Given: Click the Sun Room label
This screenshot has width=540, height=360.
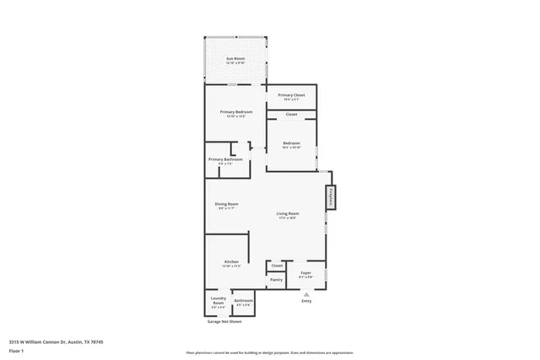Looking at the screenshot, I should [234, 60].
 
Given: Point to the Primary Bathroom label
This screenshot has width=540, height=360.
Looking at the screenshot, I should [225, 160].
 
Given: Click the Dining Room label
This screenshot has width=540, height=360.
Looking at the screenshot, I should [226, 206].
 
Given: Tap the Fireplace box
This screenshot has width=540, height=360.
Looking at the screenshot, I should [331, 197].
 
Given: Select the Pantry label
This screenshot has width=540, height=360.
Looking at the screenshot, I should [276, 279].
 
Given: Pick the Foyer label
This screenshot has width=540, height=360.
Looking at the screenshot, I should [306, 273].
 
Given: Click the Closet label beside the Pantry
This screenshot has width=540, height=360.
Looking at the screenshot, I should [277, 266].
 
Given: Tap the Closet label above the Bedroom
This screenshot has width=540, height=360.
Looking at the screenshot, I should [291, 114].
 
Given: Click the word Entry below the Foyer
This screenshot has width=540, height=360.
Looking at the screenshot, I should [306, 302].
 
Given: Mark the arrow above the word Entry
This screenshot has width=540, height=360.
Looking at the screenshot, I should [306, 293].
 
